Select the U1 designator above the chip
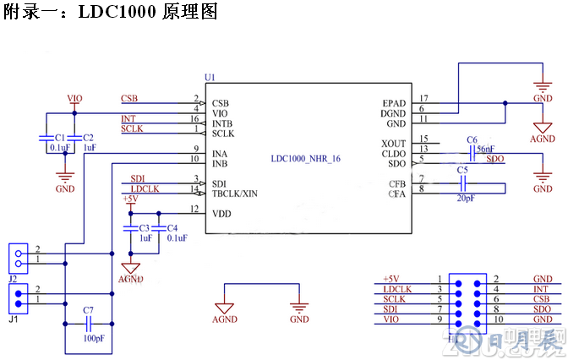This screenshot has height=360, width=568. click(210, 77)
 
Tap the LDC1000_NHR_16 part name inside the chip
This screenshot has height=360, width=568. click(306, 158)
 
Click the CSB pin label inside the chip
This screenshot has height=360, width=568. click(221, 102)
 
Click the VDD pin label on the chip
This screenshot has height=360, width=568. click(221, 213)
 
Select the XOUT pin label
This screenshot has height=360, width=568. click(394, 142)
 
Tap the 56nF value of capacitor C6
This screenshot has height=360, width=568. click(485, 149)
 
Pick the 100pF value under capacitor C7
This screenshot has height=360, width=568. click(94, 338)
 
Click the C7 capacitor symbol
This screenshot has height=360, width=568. click(88, 323)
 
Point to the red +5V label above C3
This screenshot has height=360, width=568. click(129, 199)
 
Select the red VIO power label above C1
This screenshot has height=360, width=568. click(74, 99)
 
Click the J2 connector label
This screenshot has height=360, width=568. click(13, 277)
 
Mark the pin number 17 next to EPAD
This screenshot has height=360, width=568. click(423, 99)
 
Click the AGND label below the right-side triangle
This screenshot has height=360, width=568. click(542, 139)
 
